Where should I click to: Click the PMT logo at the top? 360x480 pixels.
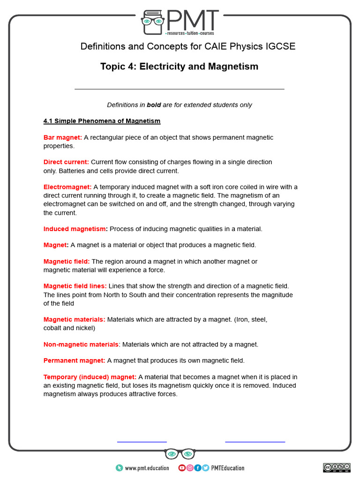coord(180,22)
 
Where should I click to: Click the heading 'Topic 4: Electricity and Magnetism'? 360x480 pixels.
coord(179,67)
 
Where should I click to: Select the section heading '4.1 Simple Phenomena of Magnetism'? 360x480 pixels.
coord(102,121)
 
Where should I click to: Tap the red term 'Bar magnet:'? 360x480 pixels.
coord(63,137)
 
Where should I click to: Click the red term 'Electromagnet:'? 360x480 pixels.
coord(67,187)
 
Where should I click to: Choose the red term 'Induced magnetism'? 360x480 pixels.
coord(75,229)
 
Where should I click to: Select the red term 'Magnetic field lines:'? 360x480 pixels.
coord(75,286)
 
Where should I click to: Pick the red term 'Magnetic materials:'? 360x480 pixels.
coord(75,320)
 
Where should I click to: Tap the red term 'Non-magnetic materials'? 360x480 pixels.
coord(81,344)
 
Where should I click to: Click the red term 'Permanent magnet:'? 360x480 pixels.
coord(75,360)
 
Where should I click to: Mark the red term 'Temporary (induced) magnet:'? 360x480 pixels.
coord(90,377)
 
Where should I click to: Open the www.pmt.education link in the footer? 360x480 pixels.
coord(147,468)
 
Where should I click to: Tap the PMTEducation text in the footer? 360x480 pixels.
coord(227,468)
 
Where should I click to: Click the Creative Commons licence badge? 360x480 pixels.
coord(336,467)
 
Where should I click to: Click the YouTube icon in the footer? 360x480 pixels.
coord(182,468)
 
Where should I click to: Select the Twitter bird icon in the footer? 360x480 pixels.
coord(205,468)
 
